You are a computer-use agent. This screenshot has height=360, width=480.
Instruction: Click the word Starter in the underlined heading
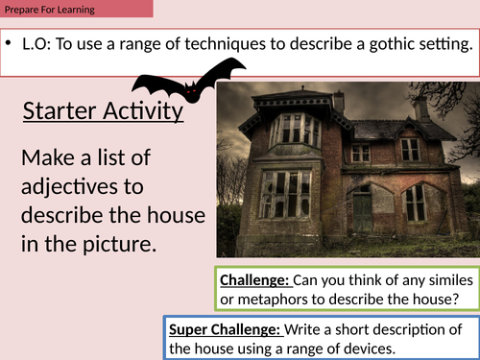click(60, 112)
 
